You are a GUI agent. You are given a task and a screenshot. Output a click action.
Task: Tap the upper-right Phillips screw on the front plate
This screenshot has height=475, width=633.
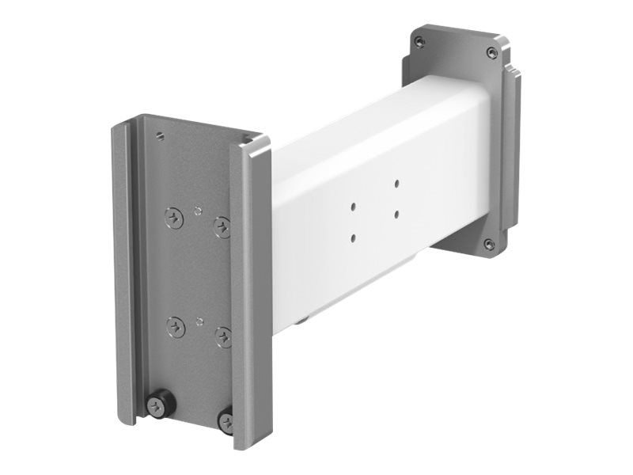(224, 227)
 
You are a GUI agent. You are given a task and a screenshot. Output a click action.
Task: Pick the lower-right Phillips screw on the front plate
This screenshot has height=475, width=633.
(224, 337)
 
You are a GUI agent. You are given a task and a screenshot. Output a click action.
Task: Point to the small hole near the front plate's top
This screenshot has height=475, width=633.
(161, 135)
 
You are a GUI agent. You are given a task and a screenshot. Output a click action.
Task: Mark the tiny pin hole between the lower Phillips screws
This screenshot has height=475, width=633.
(199, 321)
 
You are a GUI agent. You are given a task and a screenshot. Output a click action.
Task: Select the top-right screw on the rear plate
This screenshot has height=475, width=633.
(491, 52)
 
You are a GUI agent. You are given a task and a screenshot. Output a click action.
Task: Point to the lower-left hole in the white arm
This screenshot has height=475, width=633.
(353, 236)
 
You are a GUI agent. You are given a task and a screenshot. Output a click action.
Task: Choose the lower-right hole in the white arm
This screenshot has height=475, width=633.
(396, 211)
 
